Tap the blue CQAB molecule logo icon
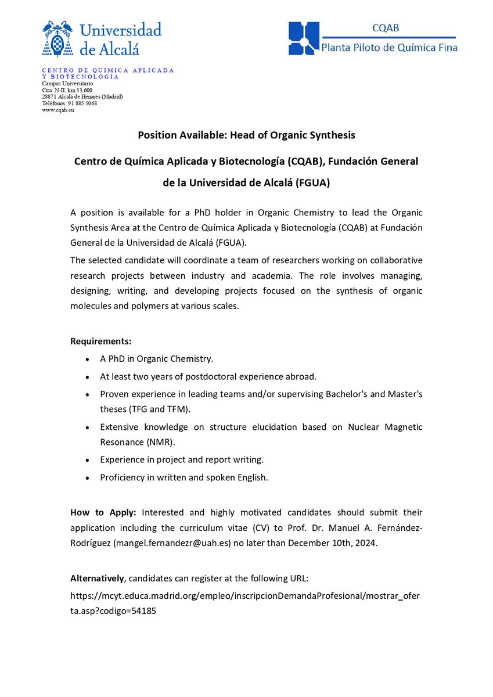pos(304,38)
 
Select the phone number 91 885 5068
pos(82,103)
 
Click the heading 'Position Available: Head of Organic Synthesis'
pos(246,135)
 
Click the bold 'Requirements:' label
pos(100,340)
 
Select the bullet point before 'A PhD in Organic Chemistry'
pos(87,360)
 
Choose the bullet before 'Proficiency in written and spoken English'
pos(87,478)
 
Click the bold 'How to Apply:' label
pos(103,512)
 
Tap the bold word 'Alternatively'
pos(98,579)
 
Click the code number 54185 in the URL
pos(144,611)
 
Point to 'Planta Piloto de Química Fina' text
pos(390,48)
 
